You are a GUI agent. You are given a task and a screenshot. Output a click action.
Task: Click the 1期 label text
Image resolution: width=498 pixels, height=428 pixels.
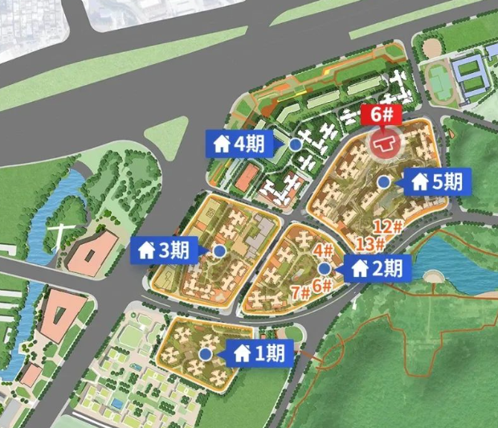pos(270,353)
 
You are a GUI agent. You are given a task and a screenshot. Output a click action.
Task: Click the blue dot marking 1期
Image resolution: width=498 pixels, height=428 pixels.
pos(206,353)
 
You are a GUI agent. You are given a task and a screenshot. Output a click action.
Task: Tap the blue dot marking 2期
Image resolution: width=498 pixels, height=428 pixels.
pos(324,268)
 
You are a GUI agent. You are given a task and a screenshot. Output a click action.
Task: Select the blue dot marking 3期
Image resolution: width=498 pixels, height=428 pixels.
pos(219,251)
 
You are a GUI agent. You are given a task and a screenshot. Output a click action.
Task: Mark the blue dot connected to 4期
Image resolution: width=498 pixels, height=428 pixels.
pos(296,145)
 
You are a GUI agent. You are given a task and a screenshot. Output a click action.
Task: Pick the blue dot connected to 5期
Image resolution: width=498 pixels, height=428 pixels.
pos(384,181)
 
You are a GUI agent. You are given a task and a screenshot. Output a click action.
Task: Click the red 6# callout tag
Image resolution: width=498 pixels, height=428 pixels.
pos(382,115)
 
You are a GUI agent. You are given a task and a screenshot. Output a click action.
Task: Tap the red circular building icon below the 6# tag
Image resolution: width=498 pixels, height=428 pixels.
pos(384,143)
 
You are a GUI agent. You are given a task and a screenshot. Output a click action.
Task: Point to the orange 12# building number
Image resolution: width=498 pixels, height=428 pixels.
pos(386,226)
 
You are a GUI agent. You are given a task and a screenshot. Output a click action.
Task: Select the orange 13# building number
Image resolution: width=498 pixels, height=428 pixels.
pos(370,243)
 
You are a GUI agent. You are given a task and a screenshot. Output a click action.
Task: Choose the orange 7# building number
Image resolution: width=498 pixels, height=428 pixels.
pos(301,291)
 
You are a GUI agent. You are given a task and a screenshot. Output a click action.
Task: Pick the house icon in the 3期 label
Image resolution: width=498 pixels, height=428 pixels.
pos(147,251)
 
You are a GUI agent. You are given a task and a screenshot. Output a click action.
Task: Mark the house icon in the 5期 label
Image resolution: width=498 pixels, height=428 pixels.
pos(419,181)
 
